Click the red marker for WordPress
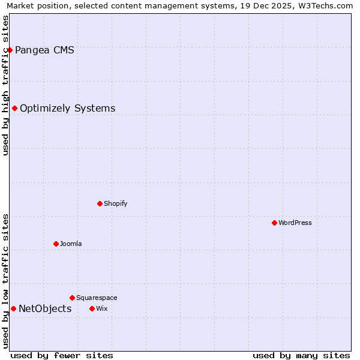coord(274,223)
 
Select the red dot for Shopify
coord(100,203)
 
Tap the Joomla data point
coord(56,244)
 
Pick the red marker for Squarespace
coord(72,298)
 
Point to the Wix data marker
coord(92,308)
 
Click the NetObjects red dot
coord(13,308)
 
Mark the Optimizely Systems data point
coord(14,108)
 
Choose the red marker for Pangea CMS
coord(10,50)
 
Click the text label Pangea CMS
coord(44,50)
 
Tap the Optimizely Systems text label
coord(67,109)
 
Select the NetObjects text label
coord(45,309)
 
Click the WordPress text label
coord(295,223)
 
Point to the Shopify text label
coord(116,203)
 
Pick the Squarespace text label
coord(97,298)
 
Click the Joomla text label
coord(71,244)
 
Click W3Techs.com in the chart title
coord(325,6)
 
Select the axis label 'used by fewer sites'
coord(62,355)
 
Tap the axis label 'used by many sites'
coord(301,355)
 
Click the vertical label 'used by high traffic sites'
coord(6,85)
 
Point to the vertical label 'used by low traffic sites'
coord(6,281)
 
